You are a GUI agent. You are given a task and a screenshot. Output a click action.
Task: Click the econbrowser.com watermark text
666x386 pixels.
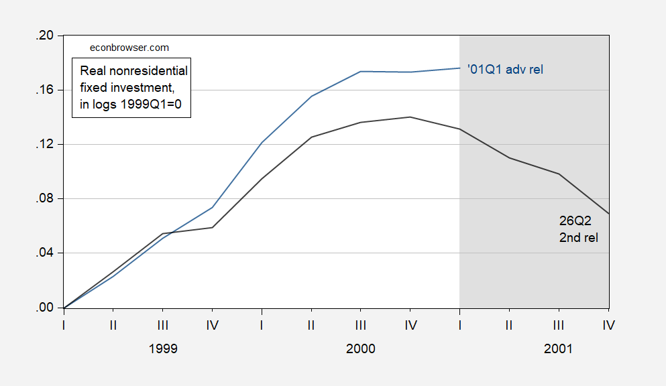129,48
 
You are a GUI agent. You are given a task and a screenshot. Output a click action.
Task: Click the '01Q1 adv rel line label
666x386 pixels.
505,69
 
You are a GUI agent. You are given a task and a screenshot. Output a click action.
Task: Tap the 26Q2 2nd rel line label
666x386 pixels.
579,229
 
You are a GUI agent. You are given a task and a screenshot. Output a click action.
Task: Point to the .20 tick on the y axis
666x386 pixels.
44,36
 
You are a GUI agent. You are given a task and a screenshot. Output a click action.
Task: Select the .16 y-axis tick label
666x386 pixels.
44,90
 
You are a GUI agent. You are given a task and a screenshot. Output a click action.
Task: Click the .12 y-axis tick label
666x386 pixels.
44,144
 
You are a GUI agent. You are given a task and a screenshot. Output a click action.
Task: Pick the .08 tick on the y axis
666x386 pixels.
44,198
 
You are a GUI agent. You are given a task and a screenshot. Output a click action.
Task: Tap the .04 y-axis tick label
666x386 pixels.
44,253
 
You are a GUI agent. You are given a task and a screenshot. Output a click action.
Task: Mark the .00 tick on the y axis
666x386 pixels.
44,308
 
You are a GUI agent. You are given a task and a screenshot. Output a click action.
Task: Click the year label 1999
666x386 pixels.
163,348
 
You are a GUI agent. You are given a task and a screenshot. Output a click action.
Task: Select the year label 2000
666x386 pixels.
361,348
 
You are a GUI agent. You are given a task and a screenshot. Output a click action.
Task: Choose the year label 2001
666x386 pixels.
558,348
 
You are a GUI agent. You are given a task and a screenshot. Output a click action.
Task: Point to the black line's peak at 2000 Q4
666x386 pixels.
410,117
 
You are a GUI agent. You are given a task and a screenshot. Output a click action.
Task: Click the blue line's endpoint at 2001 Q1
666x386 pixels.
459,68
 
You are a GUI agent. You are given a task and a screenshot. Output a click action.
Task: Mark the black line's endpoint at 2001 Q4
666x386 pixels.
609,213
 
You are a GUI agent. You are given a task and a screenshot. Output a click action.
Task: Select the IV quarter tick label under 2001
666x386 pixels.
609,325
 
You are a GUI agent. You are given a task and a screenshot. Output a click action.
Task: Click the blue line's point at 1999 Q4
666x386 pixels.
212,208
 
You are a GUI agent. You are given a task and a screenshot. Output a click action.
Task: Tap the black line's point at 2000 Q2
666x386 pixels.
311,137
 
